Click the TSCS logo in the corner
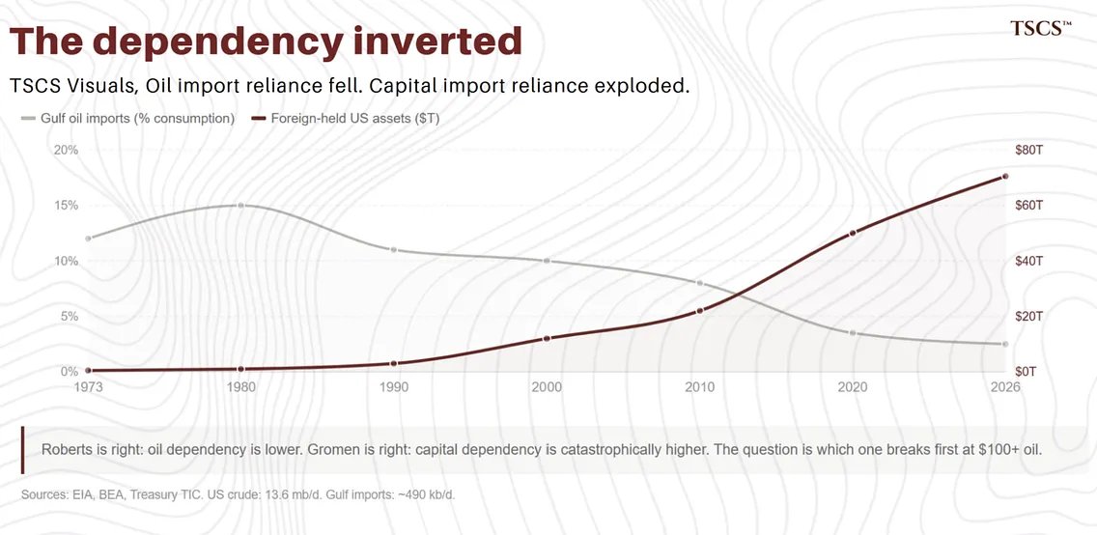(x=1040, y=28)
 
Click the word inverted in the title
(x=437, y=41)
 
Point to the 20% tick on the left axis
(x=66, y=150)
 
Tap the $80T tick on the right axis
(x=1029, y=150)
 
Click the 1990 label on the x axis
(x=394, y=387)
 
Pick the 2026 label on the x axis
(x=1004, y=387)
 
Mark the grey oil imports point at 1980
(x=240, y=205)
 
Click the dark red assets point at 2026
(x=1005, y=176)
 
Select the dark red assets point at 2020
(x=853, y=233)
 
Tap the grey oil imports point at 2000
(x=547, y=261)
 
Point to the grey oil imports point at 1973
(x=88, y=239)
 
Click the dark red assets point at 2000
(x=547, y=338)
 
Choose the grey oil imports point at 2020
(x=853, y=333)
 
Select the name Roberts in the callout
(x=67, y=450)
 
